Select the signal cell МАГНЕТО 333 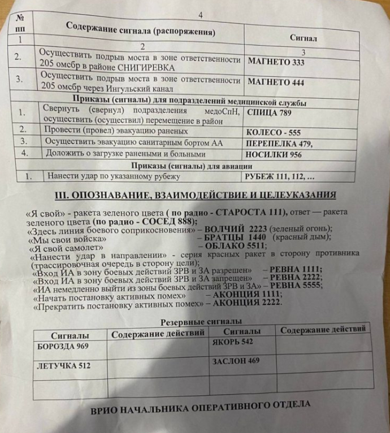(276, 62)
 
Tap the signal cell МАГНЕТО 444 (276, 82)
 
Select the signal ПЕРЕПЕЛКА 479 (279, 143)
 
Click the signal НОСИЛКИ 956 (275, 154)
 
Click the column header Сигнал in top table (303, 39)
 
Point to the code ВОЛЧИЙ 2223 (232, 229)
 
